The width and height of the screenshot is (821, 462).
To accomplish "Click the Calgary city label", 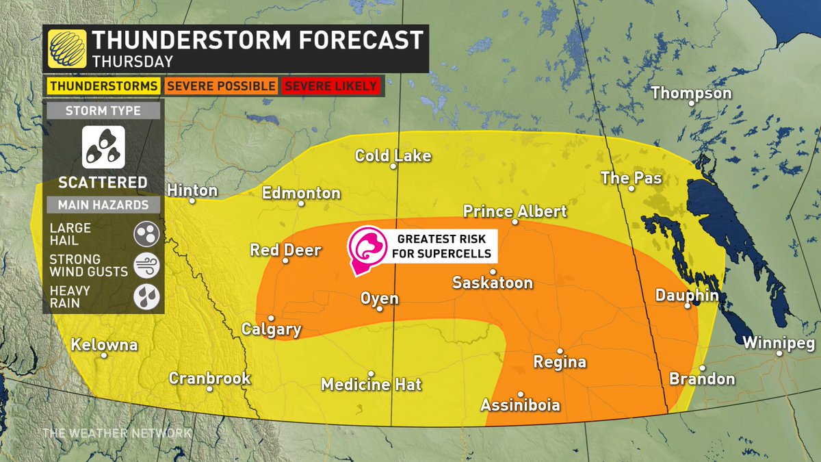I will pyautogui.click(x=272, y=329).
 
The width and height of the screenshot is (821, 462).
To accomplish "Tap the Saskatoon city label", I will pyautogui.click(x=493, y=282).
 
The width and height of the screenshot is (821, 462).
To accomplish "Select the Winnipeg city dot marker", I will pyautogui.click(x=780, y=353).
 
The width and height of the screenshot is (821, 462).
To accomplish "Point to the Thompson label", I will pyautogui.click(x=691, y=93).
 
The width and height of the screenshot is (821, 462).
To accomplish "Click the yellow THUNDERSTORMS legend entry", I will pyautogui.click(x=103, y=86).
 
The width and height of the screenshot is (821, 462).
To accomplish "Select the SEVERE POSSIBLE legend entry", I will pyautogui.click(x=221, y=86).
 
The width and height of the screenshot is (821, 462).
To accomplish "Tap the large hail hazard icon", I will pyautogui.click(x=146, y=233).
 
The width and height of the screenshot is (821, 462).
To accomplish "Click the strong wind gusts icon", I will pyautogui.click(x=146, y=265).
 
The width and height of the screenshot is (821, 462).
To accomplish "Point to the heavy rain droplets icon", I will pyautogui.click(x=146, y=296).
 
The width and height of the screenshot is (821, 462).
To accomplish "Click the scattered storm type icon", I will pyautogui.click(x=103, y=147).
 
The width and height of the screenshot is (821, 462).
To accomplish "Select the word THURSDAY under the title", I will pyautogui.click(x=132, y=61).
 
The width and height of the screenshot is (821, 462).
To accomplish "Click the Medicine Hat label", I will pyautogui.click(x=372, y=385).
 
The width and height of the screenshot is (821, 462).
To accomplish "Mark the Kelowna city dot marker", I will pyautogui.click(x=104, y=355).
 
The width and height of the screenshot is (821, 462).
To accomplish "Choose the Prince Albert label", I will pyautogui.click(x=514, y=211).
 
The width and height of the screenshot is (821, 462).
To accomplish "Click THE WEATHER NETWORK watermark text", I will pyautogui.click(x=116, y=433).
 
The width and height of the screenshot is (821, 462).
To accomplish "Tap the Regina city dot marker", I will pyautogui.click(x=559, y=350).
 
